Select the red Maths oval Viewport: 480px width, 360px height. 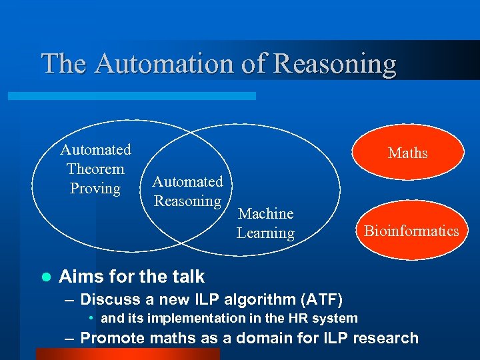click(408, 153)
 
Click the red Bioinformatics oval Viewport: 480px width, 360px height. click(411, 231)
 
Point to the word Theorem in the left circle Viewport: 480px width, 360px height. click(95, 169)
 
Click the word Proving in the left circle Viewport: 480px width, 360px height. click(95, 189)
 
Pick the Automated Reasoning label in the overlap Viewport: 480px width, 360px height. click(187, 191)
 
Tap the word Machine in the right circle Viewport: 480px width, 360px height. click(265, 213)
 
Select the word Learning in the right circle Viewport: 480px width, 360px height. click(265, 233)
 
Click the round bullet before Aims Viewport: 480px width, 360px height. click(46, 276)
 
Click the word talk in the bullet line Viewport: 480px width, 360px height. click(188, 276)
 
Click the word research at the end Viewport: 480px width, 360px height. click(381, 338)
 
